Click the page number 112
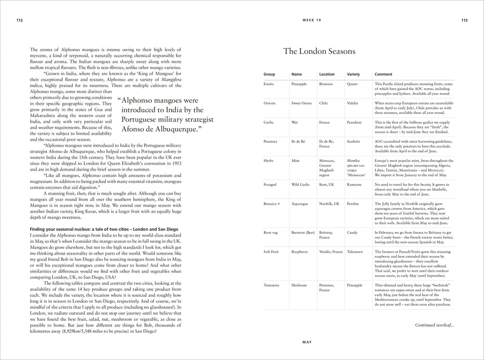pyautogui.click(x=19, y=20)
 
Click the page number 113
pyautogui.click(x=464, y=20)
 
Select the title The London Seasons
pyautogui.click(x=319, y=51)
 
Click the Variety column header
pyautogui.click(x=354, y=74)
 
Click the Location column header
pyautogui.click(x=327, y=74)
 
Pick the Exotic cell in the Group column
pyautogui.click(x=269, y=84)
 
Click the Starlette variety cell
pyautogui.click(x=354, y=141)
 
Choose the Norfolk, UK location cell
pyautogui.click(x=329, y=203)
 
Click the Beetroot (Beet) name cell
pyautogui.click(x=303, y=232)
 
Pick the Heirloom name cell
pyautogui.click(x=300, y=285)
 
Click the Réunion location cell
pyautogui.click(x=326, y=84)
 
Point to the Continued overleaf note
pyautogui.click(x=434, y=325)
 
